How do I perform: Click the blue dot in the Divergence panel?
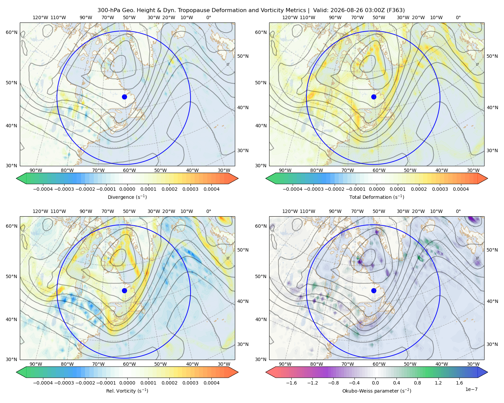coord(124,97)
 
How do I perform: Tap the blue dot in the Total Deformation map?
coord(374,97)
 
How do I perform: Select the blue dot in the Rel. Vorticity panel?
coord(124,290)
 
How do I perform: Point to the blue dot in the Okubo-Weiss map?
coord(374,290)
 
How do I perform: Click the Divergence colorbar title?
coord(127,197)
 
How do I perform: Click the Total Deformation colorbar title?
coord(377,197)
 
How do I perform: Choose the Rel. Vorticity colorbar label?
coord(127,391)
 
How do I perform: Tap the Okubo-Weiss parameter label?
coord(377,391)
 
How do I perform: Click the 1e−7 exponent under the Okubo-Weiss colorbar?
coord(471,389)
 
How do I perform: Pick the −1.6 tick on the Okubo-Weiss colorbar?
coord(292,383)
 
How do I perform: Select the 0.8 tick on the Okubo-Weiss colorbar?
coord(417,383)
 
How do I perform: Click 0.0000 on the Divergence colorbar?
coord(127,189)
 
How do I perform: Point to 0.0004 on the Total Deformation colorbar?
coord(461,189)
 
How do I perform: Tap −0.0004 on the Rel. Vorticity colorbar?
coord(43,383)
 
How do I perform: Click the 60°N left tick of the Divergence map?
coord(11,32)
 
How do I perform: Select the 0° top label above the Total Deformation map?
coord(458,17)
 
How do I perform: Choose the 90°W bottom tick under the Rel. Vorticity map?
coord(36,364)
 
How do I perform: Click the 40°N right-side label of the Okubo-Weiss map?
coord(492,301)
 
